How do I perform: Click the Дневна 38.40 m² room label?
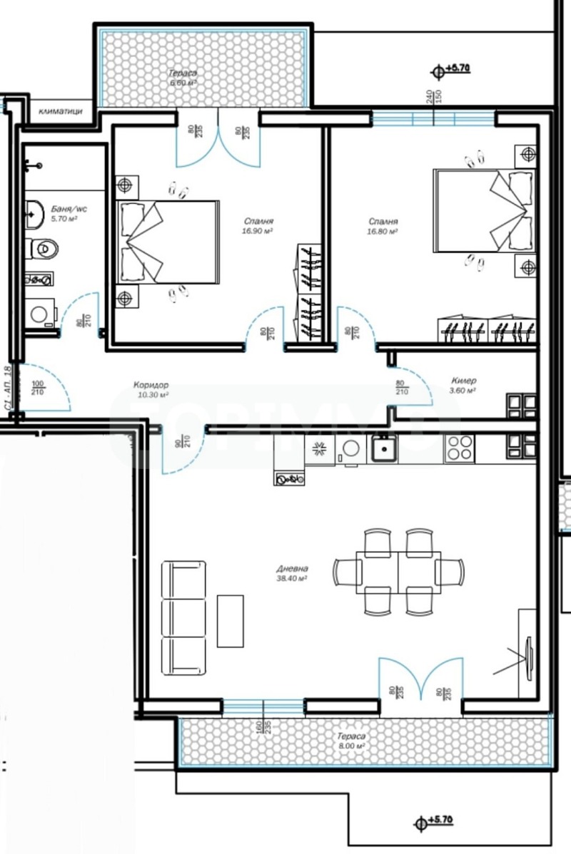pos(293,574)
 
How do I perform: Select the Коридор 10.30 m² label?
pos(151,389)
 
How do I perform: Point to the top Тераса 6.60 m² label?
pos(183,78)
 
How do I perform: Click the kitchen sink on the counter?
pos(383,449)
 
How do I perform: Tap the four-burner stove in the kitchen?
pos(459,448)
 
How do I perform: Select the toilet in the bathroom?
pos(44,248)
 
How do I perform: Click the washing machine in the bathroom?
pos(40,314)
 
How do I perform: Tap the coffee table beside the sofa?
pos(231,620)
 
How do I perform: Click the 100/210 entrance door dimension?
pos(37,389)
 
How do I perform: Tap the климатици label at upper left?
pos(61,111)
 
